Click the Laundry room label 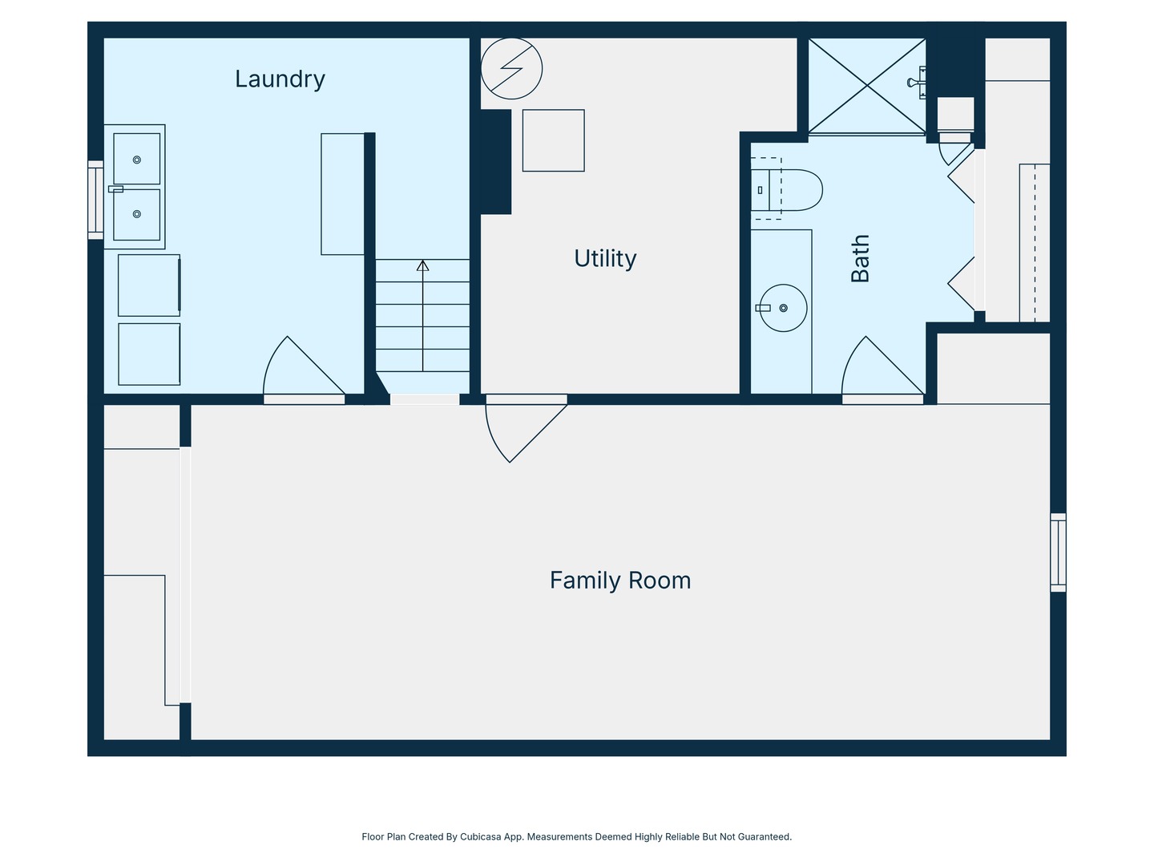tap(280, 79)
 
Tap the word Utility tap(605, 258)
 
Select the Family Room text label tap(620, 581)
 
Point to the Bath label tap(860, 259)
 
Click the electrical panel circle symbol tap(511, 68)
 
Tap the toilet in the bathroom tap(786, 190)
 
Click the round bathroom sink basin tap(783, 308)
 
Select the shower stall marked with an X tap(867, 86)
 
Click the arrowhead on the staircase tap(422, 265)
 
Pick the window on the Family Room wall tap(1059, 552)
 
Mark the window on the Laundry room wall tap(95, 200)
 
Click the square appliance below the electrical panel tap(554, 140)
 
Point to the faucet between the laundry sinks tap(115, 188)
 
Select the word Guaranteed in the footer tap(765, 836)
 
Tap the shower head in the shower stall tap(917, 83)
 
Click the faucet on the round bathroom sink tap(763, 308)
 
